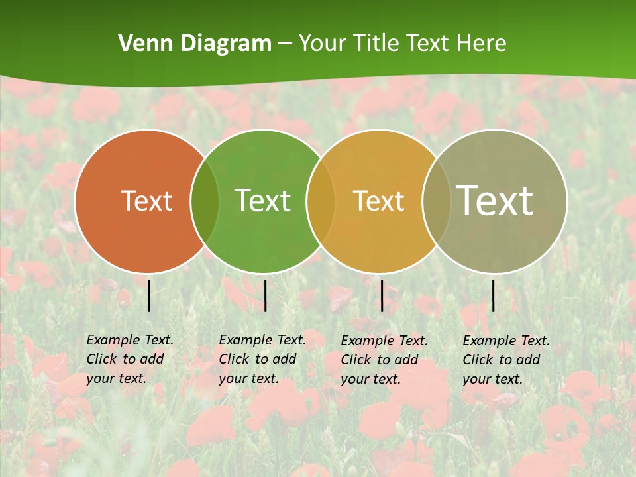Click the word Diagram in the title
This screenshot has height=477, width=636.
(225, 44)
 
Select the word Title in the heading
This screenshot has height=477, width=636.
(376, 44)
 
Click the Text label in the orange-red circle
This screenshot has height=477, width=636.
(146, 201)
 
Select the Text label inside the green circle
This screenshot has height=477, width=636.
(263, 201)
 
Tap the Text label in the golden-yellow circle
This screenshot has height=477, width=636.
(378, 201)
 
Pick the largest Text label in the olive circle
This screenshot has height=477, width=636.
(495, 200)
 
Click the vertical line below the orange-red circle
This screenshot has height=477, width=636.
(148, 295)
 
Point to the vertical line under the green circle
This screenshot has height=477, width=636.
(265, 295)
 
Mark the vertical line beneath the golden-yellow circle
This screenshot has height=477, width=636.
(382, 295)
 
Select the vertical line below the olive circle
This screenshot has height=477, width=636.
(493, 295)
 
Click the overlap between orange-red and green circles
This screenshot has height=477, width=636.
(205, 201)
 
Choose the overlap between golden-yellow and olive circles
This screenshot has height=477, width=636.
(436, 201)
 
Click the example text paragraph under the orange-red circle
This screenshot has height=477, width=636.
(130, 359)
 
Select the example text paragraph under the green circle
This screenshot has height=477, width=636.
(262, 359)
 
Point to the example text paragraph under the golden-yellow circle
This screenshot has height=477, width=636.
(384, 360)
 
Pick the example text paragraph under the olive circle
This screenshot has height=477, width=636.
(506, 360)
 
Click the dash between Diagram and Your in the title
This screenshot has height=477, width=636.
(285, 44)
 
